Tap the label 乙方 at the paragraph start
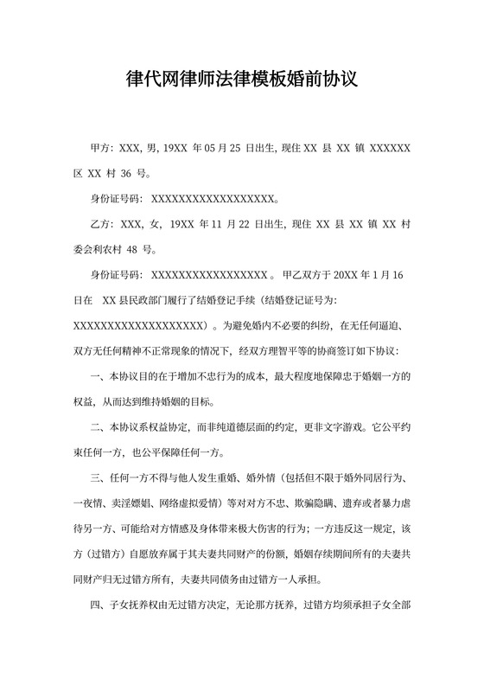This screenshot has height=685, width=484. tap(101, 224)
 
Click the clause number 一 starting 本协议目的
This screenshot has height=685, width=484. tap(96, 376)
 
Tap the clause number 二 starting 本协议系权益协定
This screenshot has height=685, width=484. tap(96, 426)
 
